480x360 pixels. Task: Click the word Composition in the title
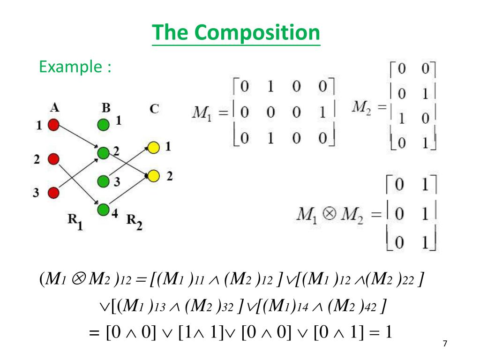coord(257,33)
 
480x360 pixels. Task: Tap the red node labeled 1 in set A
coord(53,125)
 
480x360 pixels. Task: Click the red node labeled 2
coord(53,159)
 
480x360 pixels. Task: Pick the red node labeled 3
coord(53,192)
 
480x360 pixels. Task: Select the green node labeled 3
coord(103,181)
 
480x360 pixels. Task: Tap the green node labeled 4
coord(103,209)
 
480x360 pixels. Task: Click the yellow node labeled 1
coord(153,148)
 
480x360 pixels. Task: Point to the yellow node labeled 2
coord(153,176)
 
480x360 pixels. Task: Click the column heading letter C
coord(154,109)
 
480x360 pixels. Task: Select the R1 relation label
coord(74,220)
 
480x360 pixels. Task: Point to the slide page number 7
coord(445,344)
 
